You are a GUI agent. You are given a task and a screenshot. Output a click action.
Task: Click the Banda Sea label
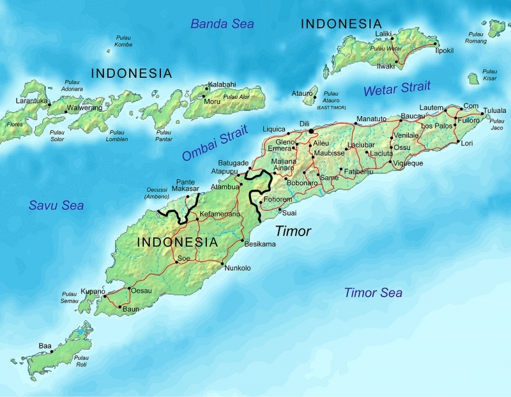(222, 24)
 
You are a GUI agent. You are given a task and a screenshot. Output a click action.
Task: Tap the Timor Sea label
(373, 293)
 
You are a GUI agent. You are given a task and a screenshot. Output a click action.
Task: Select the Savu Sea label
(56, 206)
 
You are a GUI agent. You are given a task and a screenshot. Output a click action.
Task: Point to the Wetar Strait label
(397, 89)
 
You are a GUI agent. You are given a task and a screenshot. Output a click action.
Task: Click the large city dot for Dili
(312, 132)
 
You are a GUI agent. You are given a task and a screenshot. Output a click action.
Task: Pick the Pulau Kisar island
(473, 79)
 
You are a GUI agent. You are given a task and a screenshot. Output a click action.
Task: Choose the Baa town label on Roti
(45, 346)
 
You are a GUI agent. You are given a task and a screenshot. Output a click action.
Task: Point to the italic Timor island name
(293, 232)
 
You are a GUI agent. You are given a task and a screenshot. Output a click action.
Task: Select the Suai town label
(289, 212)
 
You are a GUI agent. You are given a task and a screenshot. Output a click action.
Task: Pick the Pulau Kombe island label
(123, 41)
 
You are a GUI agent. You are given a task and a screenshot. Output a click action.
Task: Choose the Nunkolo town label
(238, 269)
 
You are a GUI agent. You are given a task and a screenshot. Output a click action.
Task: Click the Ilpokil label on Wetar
(444, 50)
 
